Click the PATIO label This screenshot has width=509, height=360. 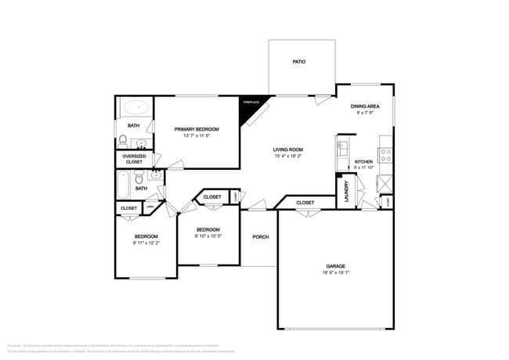coord(298,60)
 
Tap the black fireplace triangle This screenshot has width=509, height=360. coord(251,109)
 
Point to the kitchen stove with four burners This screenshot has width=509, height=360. coord(385,154)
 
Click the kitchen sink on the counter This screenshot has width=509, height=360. coord(342,148)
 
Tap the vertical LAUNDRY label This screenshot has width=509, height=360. coord(346,193)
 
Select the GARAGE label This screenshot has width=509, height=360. coord(335,266)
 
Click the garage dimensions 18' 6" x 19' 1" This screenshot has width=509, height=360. coord(335,273)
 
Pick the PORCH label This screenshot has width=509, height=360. coord(260,237)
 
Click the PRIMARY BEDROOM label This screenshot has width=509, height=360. coord(197,129)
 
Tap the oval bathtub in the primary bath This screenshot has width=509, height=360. coord(135,106)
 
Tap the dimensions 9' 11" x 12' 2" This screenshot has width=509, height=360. coord(146,243)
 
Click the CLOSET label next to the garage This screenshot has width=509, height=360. coord(305,203)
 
